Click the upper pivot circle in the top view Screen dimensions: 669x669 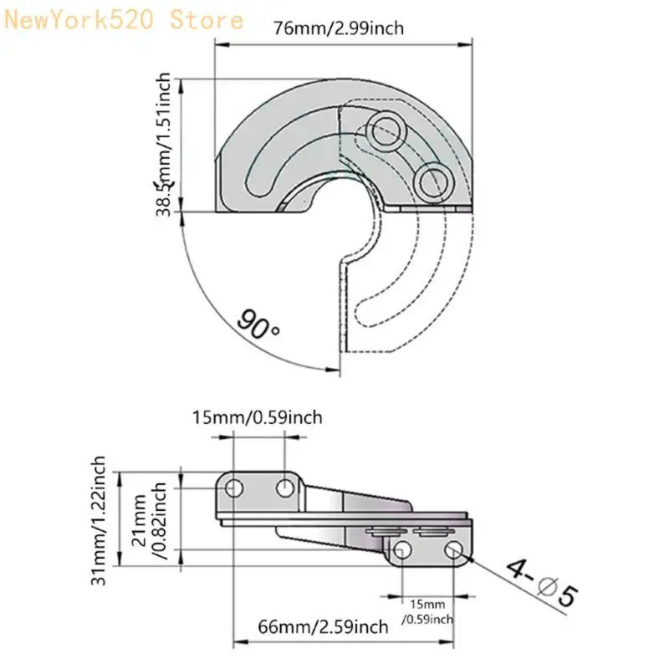(386, 128)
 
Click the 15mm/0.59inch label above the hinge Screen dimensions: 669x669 (257, 416)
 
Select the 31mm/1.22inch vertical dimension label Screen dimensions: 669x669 (100, 520)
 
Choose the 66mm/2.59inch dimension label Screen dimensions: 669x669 (322, 626)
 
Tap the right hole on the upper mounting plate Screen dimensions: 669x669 (285, 487)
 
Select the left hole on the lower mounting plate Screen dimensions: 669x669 (403, 549)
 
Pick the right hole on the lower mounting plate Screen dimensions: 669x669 (454, 549)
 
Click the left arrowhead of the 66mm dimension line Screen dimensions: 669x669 (238, 642)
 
